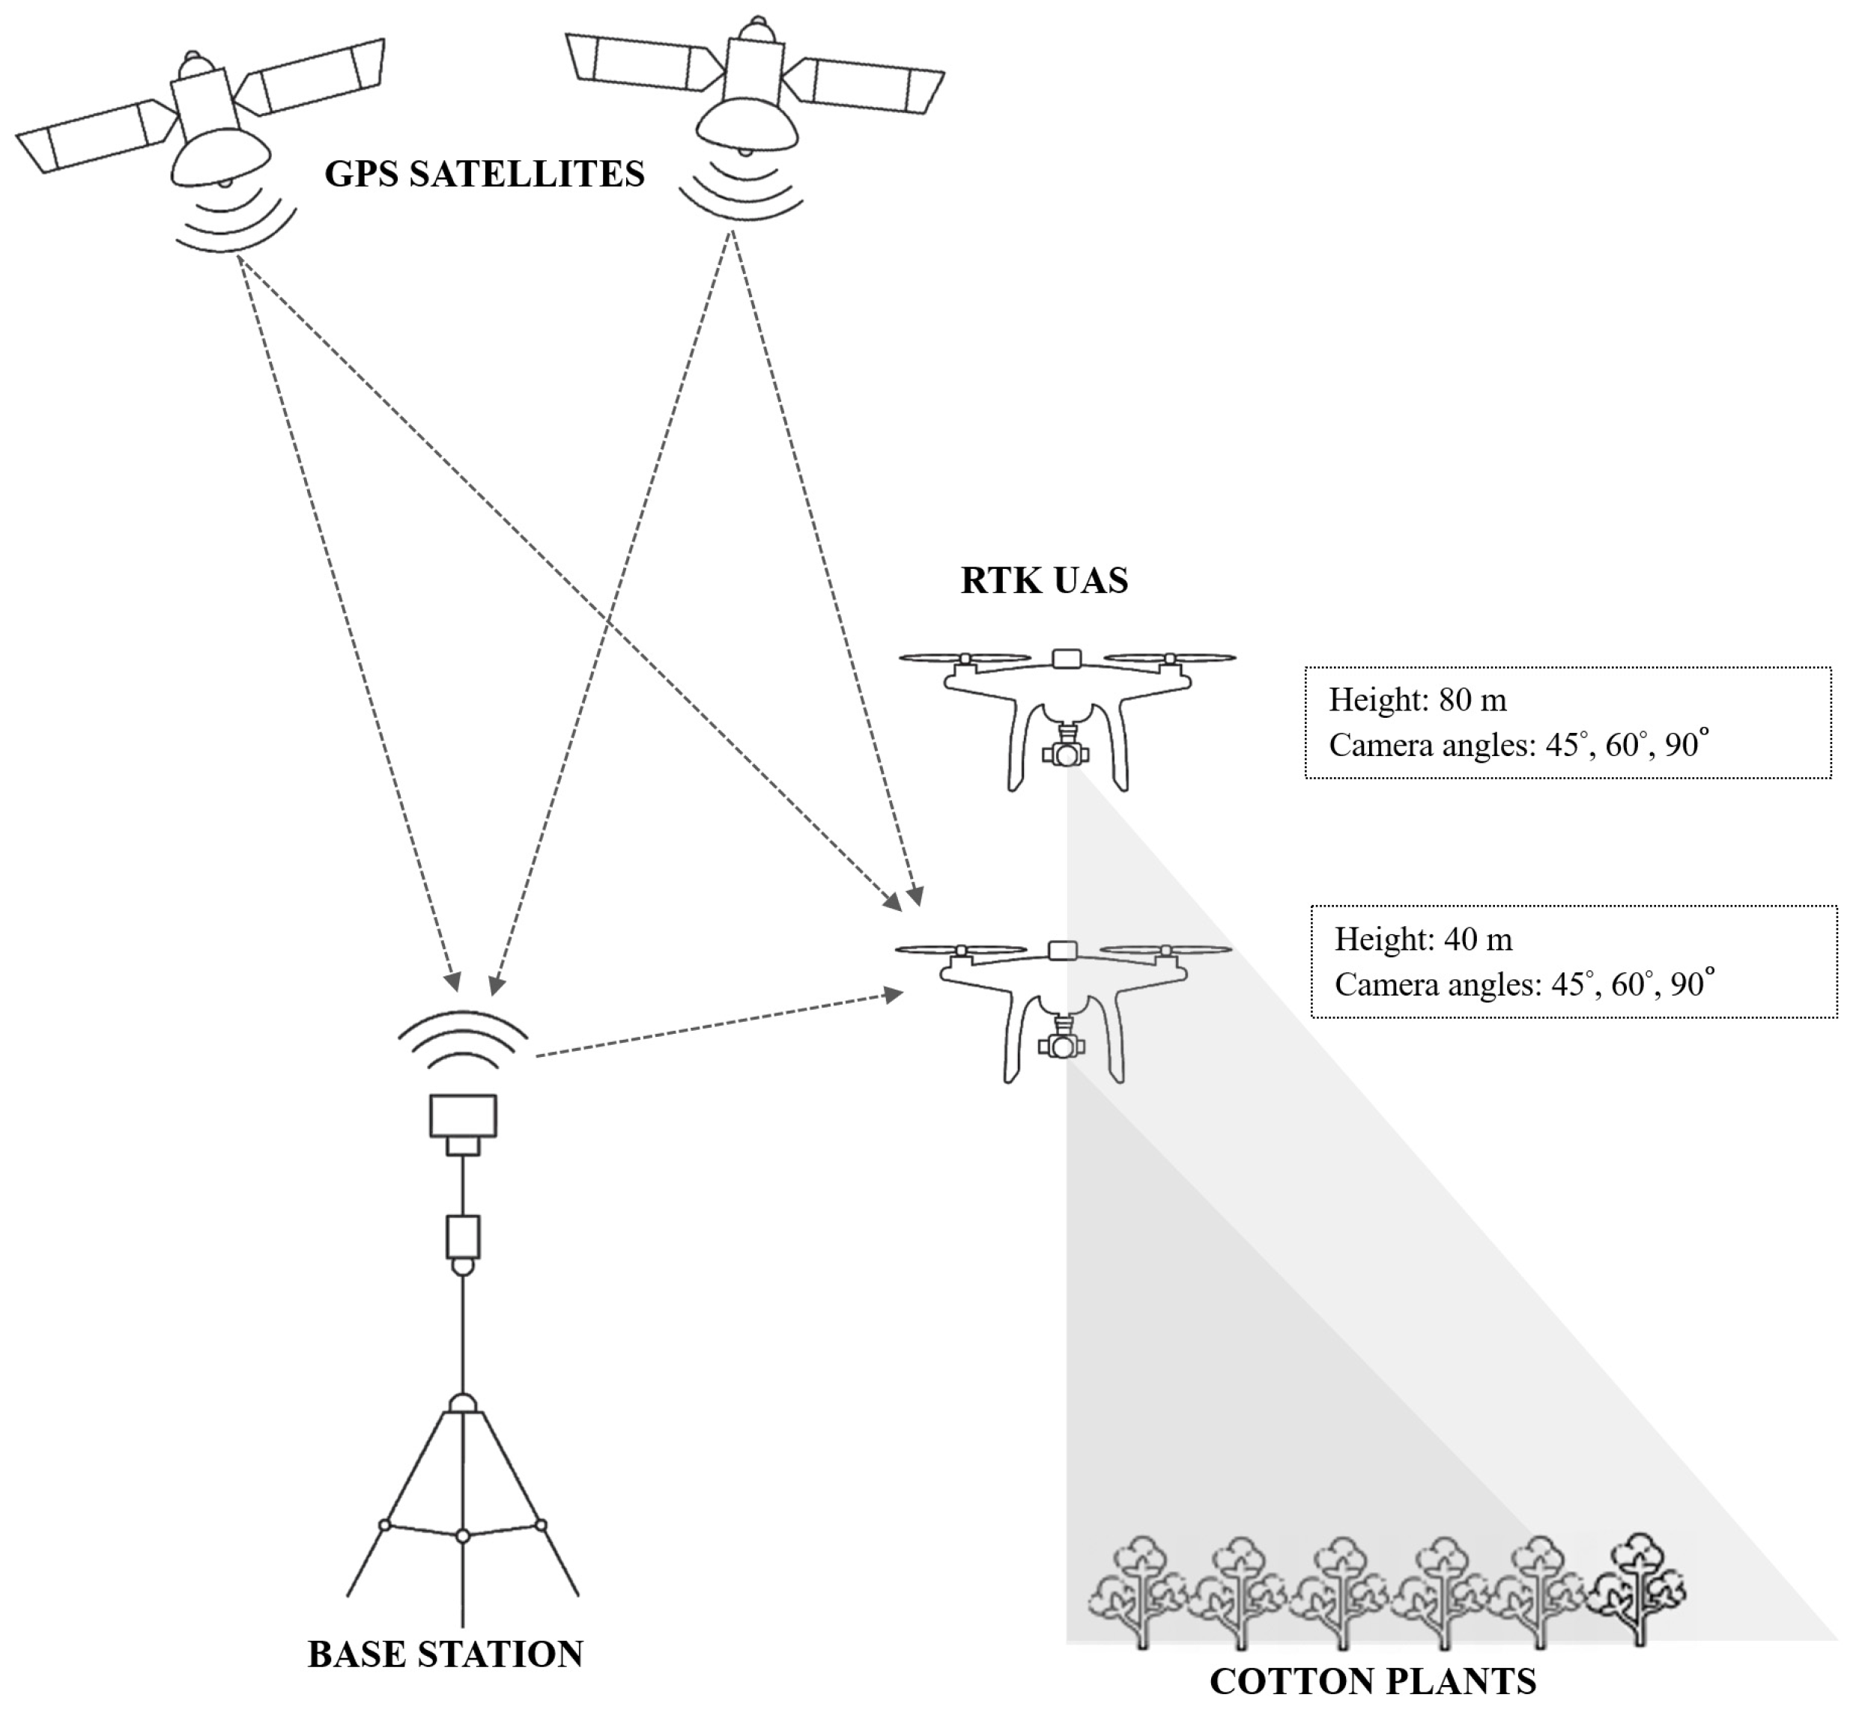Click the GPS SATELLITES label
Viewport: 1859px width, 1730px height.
click(485, 174)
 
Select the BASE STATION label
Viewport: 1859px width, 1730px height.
click(445, 1654)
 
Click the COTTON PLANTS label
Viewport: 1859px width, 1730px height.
click(1373, 1681)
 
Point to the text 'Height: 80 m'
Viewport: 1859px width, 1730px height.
click(1418, 700)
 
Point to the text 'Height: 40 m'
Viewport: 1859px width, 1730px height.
click(1422, 939)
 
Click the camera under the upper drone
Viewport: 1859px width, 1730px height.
click(1064, 752)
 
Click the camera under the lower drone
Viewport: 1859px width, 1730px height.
click(1061, 1044)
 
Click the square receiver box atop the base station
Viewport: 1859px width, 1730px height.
click(463, 1115)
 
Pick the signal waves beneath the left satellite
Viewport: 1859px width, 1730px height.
click(234, 219)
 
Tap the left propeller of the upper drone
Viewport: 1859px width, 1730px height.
click(964, 658)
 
